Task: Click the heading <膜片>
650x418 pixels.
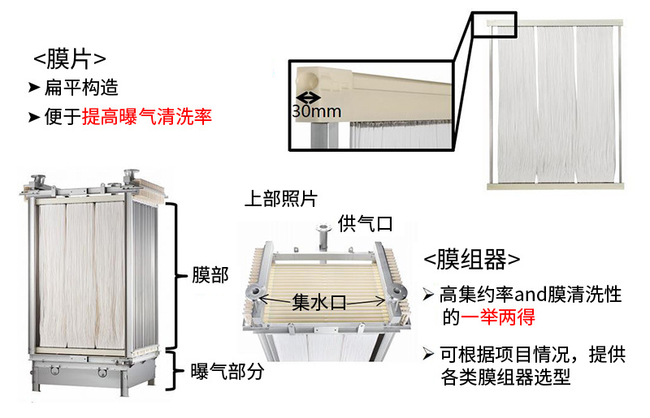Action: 69,59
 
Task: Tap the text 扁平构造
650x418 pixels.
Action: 81,88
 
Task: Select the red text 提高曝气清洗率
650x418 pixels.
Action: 147,116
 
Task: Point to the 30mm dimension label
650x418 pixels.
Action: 316,111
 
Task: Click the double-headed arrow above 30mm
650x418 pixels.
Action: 309,97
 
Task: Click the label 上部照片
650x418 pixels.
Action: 280,199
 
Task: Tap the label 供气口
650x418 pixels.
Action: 365,224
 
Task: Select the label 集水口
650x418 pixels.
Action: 318,302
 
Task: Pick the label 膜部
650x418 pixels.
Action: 210,275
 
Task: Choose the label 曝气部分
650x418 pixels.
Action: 227,371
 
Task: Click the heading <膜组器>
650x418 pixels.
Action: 471,260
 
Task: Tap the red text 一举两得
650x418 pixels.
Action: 497,317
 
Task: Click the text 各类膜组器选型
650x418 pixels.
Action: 505,377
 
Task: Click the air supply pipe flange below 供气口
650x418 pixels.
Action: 322,228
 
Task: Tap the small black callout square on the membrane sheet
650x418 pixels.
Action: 495,25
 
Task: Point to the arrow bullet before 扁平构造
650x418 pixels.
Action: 34,88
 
